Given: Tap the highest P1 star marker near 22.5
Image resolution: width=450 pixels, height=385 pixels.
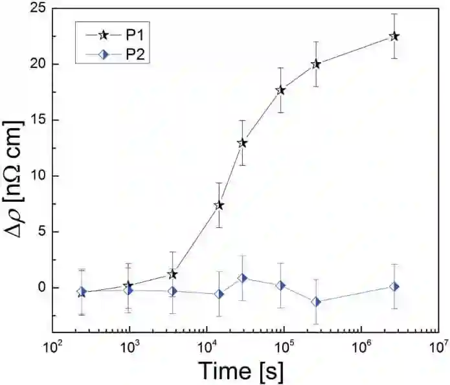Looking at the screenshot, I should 394,36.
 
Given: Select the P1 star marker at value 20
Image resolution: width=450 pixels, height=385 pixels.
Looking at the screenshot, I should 316,64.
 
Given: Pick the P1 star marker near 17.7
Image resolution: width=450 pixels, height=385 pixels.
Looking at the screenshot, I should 280,90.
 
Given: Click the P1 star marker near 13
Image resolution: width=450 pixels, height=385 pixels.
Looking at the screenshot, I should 242,143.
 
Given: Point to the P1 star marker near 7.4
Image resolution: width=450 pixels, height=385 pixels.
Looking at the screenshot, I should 219,205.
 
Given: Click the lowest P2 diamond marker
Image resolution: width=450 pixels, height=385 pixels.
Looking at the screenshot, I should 316,302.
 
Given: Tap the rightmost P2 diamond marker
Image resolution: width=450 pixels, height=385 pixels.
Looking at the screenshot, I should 394,286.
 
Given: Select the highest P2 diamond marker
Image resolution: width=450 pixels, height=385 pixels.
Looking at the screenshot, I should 242,278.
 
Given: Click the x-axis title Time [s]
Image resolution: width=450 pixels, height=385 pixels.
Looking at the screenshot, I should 240,371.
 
